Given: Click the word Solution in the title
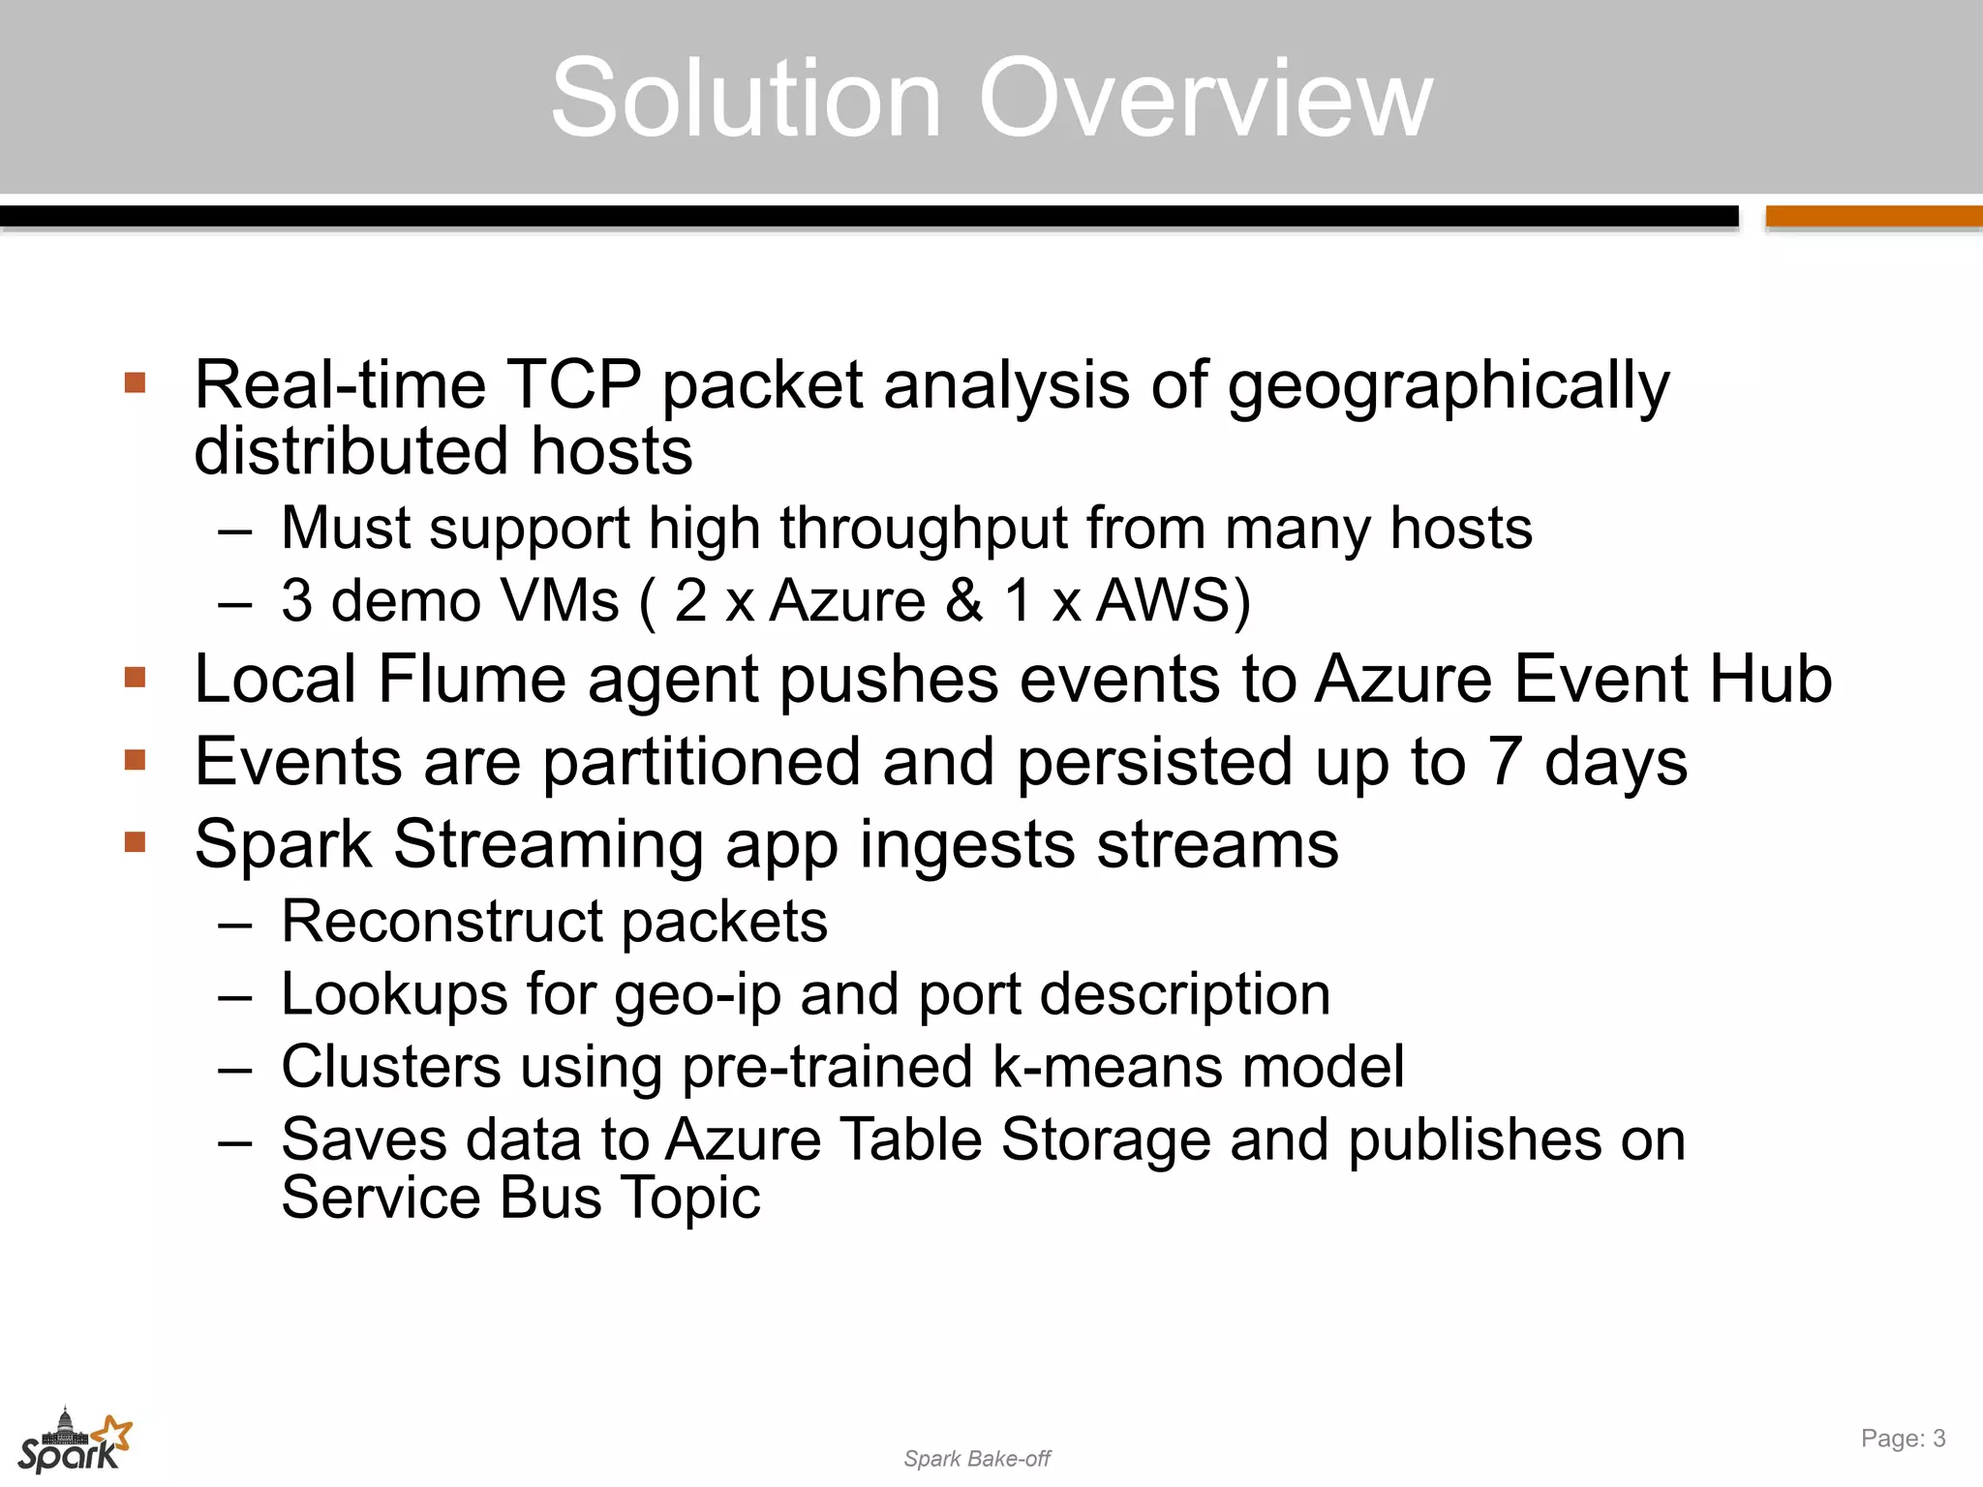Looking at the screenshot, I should point(747,99).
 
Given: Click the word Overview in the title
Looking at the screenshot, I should point(1205,99).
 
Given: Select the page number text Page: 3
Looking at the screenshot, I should point(1903,1439).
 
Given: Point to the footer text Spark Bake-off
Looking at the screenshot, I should point(977,1459).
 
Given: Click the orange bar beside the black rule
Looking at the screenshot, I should point(1874,217).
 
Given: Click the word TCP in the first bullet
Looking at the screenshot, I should point(574,384).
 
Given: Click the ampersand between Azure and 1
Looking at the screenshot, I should point(963,600).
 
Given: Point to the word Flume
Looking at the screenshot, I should point(472,679).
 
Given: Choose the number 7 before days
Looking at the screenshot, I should point(1504,762).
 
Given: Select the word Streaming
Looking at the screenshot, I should point(548,845).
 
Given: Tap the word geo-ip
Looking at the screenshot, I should point(697,995).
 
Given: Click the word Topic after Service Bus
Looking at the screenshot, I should point(690,1198).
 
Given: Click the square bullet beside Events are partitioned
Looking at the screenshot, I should point(135,760).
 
